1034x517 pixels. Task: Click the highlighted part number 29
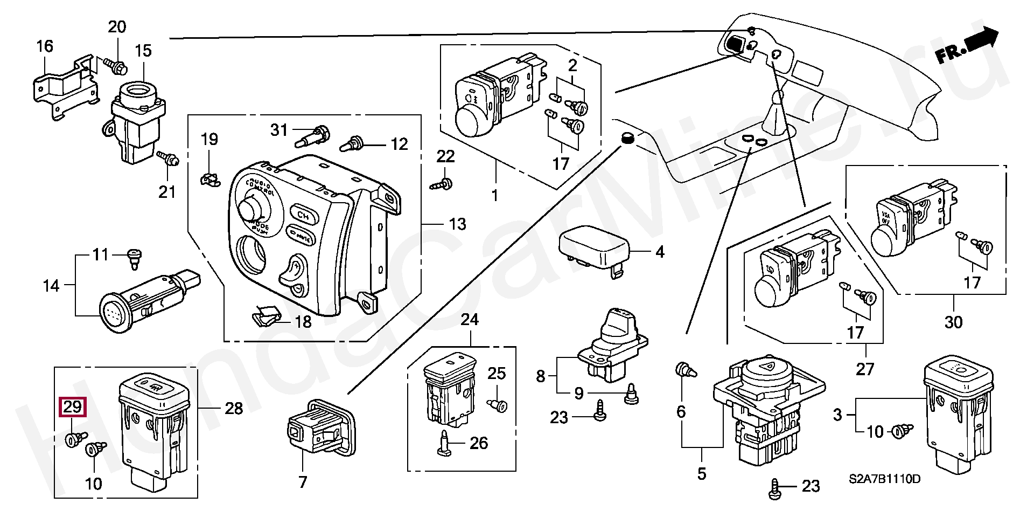[72, 406]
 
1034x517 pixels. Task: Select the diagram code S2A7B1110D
[884, 479]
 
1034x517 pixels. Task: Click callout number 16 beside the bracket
[45, 46]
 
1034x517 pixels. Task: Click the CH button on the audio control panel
[303, 215]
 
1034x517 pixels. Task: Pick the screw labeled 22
[443, 183]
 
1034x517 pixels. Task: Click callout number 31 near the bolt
[278, 130]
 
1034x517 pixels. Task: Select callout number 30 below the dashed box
[953, 322]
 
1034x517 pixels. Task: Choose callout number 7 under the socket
[302, 481]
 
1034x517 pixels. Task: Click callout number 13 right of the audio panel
[457, 224]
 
